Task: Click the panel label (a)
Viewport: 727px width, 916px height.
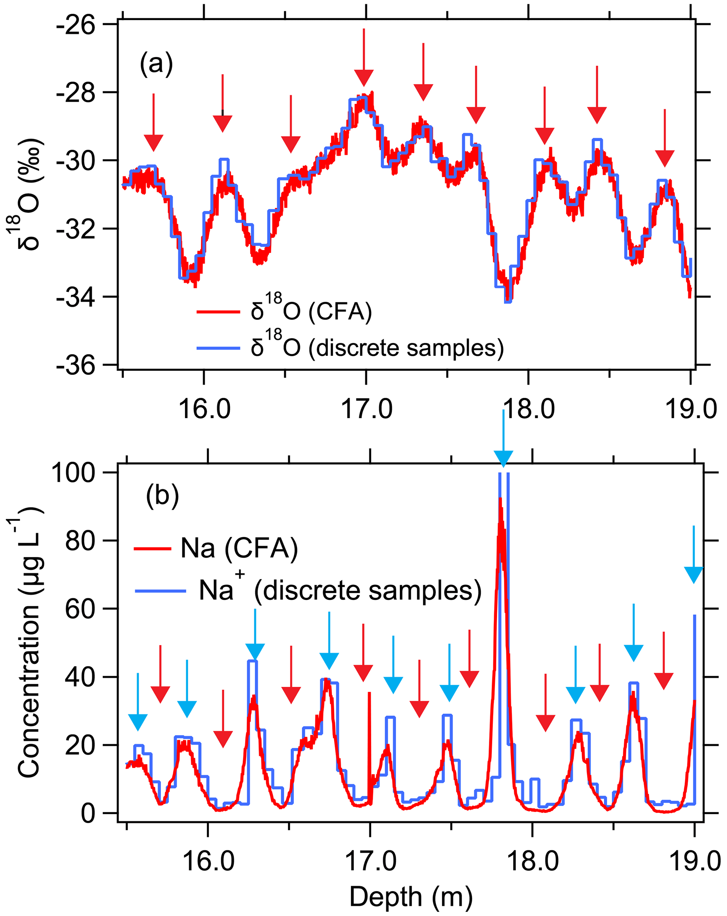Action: click(157, 64)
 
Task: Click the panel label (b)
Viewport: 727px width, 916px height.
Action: click(162, 495)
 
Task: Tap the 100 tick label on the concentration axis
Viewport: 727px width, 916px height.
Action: click(73, 473)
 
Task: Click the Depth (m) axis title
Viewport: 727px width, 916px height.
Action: click(410, 897)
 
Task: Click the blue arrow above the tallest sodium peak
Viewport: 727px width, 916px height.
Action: click(504, 457)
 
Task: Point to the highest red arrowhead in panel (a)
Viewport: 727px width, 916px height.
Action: click(364, 78)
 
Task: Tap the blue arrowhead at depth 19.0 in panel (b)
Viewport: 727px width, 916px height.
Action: click(694, 575)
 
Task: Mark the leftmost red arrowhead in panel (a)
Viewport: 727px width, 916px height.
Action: click(153, 142)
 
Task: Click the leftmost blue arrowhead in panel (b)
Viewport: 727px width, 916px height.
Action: click(138, 722)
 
